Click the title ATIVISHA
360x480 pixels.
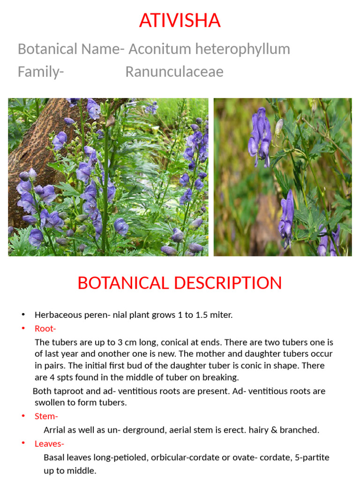click(180, 21)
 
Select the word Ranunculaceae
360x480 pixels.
click(174, 72)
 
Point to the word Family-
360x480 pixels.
click(41, 72)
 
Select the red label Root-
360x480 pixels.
click(45, 329)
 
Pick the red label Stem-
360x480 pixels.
click(46, 416)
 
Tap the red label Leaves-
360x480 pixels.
click(49, 443)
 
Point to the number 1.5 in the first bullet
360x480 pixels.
click(197, 315)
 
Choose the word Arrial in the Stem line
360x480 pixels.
click(55, 430)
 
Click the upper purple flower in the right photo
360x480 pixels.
click(261, 136)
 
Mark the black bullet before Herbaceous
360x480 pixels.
click(23, 315)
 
